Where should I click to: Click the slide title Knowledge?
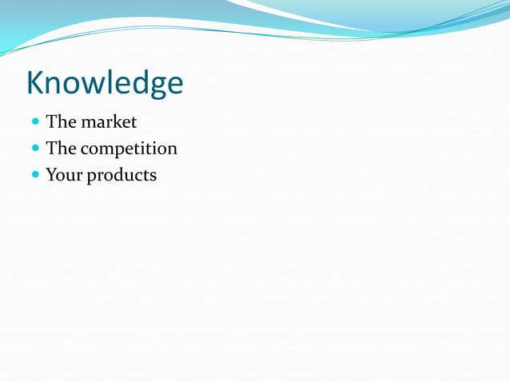pos(105,84)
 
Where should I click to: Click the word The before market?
pos(61,122)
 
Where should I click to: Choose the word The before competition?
pos(61,149)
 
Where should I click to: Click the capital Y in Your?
pos(52,174)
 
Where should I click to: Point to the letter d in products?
pos(118,175)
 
